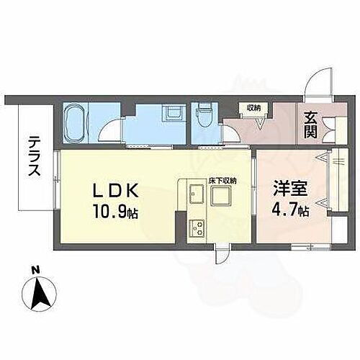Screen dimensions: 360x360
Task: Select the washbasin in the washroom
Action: click(171, 114)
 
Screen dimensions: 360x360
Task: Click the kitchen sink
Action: click(197, 195)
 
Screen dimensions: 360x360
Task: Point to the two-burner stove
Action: click(197, 229)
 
